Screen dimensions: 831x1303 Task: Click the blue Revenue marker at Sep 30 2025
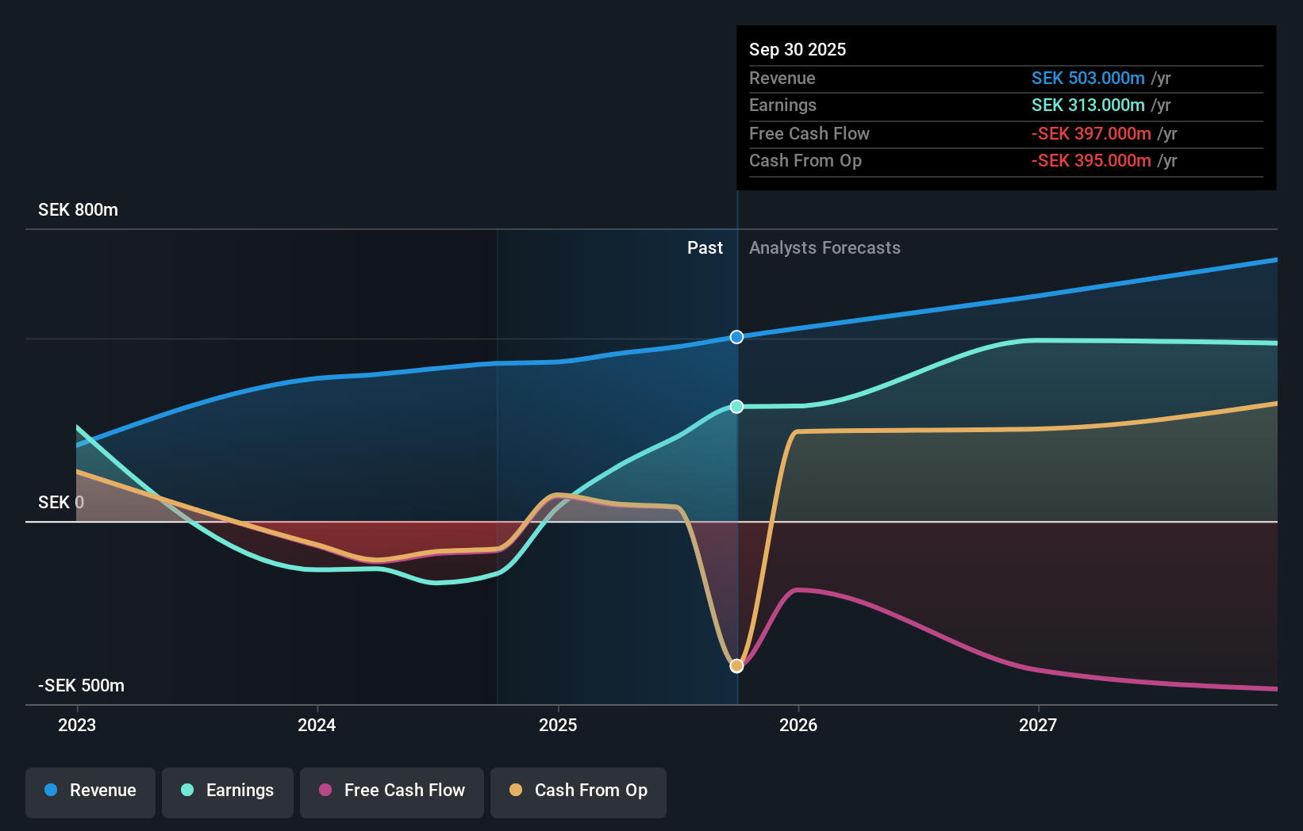(736, 337)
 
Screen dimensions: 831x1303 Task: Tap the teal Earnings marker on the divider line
(736, 407)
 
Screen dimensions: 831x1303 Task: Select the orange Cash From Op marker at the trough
(736, 666)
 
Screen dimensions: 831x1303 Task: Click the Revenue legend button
(90, 791)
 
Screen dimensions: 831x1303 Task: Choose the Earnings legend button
(228, 791)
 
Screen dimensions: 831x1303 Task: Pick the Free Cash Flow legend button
(392, 791)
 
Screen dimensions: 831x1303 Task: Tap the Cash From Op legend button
(578, 791)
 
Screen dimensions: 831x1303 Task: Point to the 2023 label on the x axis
(77, 726)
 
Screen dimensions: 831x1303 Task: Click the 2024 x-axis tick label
(317, 726)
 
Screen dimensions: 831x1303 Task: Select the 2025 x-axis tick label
(558, 726)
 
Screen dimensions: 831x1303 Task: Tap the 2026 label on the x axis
(798, 726)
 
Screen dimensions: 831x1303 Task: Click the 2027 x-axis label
(1038, 726)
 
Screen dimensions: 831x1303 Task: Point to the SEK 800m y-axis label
(78, 210)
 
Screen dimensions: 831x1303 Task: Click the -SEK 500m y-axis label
(81, 686)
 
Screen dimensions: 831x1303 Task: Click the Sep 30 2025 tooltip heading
(798, 50)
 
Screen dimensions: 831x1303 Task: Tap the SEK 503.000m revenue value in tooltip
(1087, 79)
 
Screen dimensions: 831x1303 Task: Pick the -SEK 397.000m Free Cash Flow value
(1090, 134)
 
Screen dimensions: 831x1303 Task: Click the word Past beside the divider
(705, 248)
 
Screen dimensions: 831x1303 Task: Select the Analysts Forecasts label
(824, 248)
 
